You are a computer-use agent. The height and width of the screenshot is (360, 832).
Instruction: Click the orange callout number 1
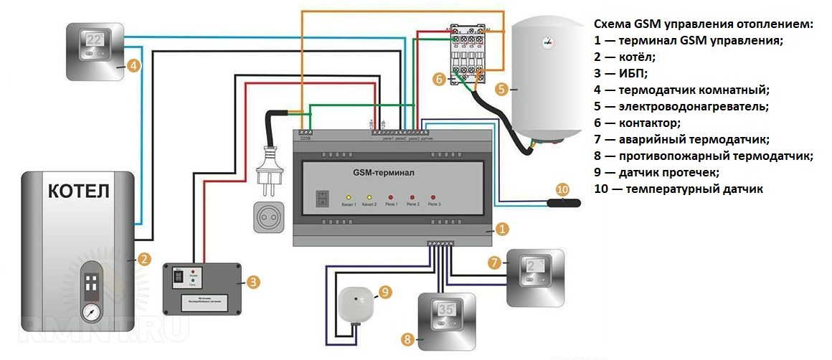coord(502,229)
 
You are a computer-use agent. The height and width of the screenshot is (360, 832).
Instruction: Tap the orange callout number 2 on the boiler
coord(143,260)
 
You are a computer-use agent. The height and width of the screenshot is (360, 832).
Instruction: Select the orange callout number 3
coord(252,282)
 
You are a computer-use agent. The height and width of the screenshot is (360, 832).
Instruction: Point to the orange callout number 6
coord(440,80)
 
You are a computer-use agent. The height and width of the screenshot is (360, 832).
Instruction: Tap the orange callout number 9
coord(385,292)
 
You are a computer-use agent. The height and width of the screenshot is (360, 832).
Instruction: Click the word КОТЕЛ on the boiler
coord(80,192)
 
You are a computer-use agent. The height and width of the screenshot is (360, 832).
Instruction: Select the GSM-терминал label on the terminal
coord(384,173)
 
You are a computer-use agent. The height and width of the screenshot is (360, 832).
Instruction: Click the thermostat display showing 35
coord(445,313)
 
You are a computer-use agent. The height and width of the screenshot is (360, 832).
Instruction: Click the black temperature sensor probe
coord(563,202)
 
